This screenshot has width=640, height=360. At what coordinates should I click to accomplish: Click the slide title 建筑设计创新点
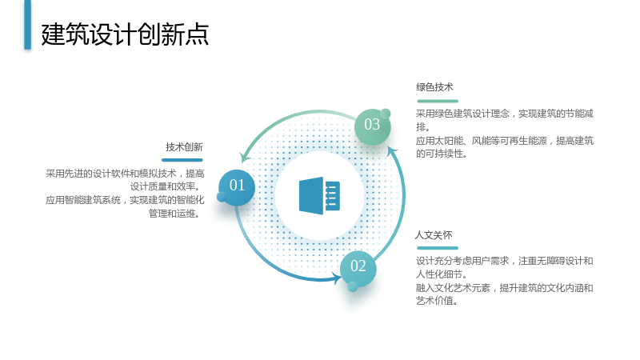[125, 34]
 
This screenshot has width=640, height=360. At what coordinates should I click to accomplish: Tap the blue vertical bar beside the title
[27, 25]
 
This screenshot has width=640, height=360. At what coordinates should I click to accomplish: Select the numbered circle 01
[237, 187]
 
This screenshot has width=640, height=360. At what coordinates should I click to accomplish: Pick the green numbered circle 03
[372, 126]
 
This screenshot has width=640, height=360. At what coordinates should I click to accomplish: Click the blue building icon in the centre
[319, 195]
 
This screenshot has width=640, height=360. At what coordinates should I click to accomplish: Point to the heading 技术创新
[184, 147]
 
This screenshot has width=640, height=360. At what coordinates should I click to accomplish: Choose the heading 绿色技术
[434, 87]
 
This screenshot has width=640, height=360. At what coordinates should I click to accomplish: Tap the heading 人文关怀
[434, 235]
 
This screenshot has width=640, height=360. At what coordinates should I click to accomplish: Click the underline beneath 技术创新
[182, 160]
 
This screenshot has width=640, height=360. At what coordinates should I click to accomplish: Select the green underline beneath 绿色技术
[438, 101]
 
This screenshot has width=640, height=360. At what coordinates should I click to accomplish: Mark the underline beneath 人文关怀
[438, 248]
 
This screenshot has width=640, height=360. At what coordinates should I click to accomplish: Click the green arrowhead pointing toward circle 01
[245, 157]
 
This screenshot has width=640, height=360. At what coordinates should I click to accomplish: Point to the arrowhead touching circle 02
[337, 278]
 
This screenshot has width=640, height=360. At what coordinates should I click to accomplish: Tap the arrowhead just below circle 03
[392, 150]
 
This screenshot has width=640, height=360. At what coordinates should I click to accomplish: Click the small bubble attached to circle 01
[222, 197]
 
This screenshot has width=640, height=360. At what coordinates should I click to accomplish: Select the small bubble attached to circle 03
[386, 114]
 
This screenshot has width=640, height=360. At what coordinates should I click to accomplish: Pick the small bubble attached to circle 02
[353, 287]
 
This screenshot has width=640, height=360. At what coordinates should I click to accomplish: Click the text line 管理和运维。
[174, 214]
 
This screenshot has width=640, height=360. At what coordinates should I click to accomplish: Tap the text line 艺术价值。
[437, 301]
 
